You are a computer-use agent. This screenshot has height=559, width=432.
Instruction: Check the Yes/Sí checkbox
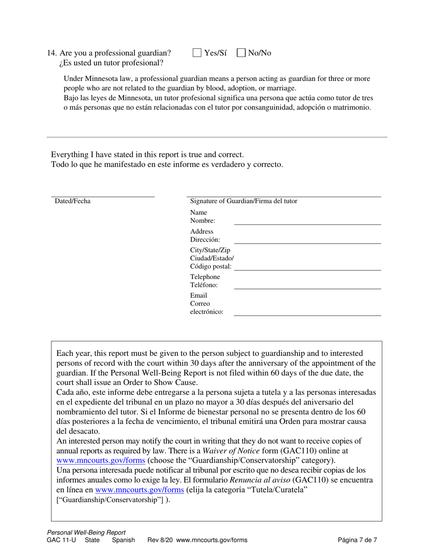click(197, 53)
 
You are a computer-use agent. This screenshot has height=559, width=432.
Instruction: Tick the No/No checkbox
click(241, 53)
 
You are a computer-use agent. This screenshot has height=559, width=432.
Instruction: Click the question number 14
click(52, 53)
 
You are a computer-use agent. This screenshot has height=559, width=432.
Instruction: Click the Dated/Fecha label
click(73, 201)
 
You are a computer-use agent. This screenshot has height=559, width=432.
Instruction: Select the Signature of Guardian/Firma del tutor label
click(244, 201)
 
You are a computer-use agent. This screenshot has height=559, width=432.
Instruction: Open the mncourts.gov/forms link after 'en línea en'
click(139, 490)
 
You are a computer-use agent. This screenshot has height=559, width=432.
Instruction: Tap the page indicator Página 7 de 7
click(357, 540)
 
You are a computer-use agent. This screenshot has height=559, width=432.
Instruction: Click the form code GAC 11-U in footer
click(61, 540)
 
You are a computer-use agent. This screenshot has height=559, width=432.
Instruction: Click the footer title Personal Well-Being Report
click(86, 533)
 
